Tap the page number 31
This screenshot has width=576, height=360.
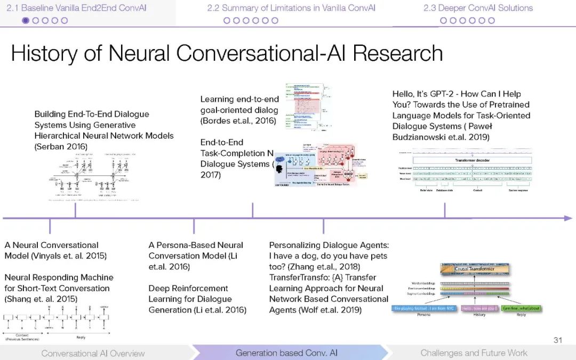tap(558, 340)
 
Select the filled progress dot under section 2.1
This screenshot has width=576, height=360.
tap(25, 20)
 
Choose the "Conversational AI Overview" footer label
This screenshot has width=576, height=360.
tap(93, 353)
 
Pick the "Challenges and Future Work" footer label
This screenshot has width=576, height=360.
tap(474, 353)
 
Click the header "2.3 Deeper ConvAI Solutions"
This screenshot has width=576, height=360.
tap(478, 8)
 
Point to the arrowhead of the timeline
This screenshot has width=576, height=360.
tap(569, 218)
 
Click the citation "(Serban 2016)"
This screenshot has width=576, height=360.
tap(61, 147)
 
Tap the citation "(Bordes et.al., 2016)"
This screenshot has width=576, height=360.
tap(238, 121)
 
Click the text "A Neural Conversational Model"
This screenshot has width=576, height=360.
tap(51, 245)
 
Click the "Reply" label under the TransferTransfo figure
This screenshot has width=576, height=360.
tap(521, 315)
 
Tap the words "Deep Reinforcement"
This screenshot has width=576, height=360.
tap(188, 289)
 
